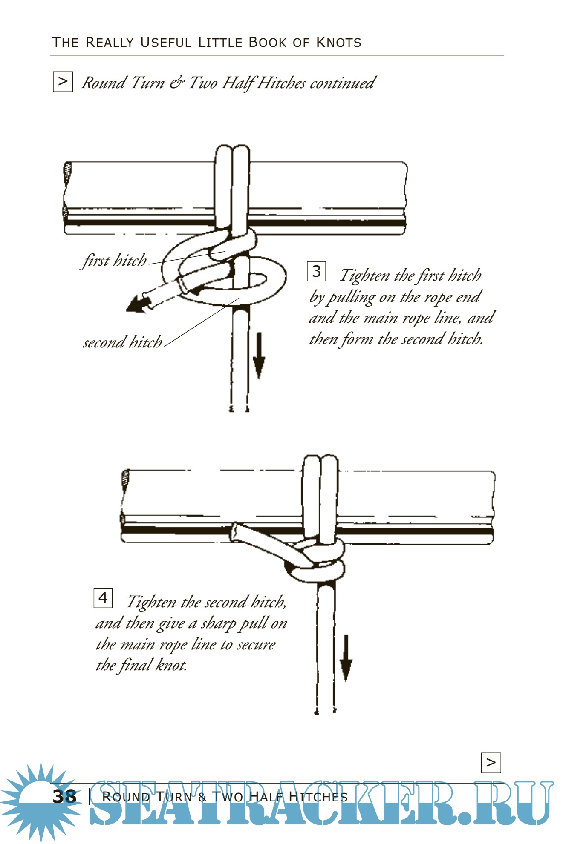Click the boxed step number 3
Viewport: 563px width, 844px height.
tap(316, 271)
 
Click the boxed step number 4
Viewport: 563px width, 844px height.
tap(103, 598)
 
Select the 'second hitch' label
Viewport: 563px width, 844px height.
tap(123, 342)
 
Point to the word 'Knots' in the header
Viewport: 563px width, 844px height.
tap(339, 42)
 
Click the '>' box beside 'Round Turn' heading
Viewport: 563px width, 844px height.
tap(63, 81)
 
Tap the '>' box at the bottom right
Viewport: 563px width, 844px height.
tap(491, 763)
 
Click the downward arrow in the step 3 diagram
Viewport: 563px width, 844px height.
tap(259, 356)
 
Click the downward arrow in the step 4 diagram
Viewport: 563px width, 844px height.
tap(346, 658)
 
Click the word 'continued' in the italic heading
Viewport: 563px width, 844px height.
tap(343, 83)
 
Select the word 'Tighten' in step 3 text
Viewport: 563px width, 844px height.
tap(364, 276)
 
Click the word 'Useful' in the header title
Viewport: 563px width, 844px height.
tap(166, 42)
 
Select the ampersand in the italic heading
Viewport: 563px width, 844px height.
tap(176, 83)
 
